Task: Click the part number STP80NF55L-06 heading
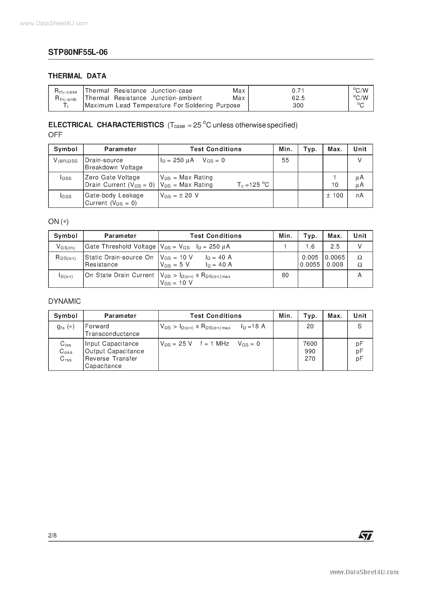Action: tap(78, 52)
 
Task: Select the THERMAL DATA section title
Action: tap(77, 76)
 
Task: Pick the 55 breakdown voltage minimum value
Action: tap(285, 160)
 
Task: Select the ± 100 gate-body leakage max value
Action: tap(335, 195)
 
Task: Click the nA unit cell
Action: tap(360, 195)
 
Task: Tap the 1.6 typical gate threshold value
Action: tap(310, 246)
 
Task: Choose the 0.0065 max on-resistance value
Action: tap(335, 257)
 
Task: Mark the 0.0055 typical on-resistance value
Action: tap(310, 265)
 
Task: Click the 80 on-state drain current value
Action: tap(285, 275)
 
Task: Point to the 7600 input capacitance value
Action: tap(310, 344)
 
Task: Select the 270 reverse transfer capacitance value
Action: tap(310, 359)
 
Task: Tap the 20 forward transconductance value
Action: tap(310, 326)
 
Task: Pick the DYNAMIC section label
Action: tap(65, 301)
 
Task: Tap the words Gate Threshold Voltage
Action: tap(120, 246)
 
